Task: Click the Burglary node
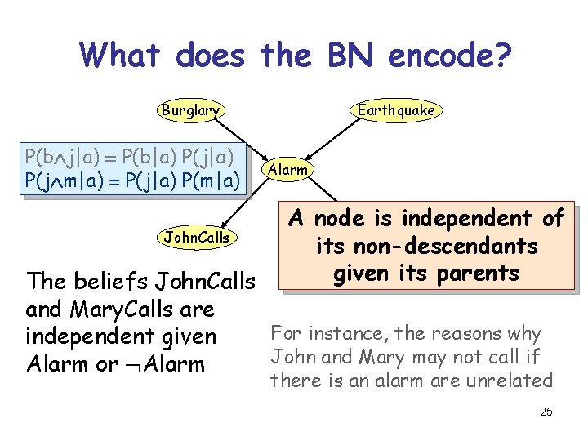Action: [x=189, y=109]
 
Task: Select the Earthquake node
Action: [x=395, y=109]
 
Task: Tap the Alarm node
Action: [x=287, y=170]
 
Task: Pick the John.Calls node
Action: [x=197, y=238]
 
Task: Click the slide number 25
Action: [x=546, y=412]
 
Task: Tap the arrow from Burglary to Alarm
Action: [x=241, y=139]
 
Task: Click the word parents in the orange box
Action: [x=477, y=273]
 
